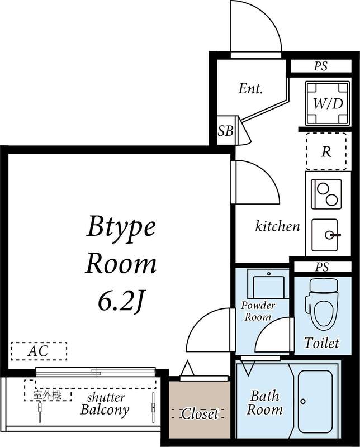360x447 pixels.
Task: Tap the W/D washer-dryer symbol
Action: tap(328, 103)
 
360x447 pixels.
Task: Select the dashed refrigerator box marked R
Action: tap(326, 151)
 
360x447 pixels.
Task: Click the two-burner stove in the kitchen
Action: tap(326, 194)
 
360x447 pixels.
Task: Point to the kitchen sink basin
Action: tap(325, 235)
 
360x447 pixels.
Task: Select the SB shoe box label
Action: tap(226, 131)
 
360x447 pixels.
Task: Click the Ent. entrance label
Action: tap(250, 89)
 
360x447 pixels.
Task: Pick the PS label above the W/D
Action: tap(321, 66)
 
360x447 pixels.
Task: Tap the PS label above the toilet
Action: tap(322, 267)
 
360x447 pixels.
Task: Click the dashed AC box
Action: tap(39, 351)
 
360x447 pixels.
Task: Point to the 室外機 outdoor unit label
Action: tap(47, 395)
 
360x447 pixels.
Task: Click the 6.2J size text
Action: tap(120, 302)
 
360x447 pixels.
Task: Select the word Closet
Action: tap(200, 413)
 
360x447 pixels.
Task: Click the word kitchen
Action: tap(277, 226)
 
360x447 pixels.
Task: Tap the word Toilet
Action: tap(321, 343)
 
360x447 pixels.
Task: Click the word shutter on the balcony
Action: tap(106, 397)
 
